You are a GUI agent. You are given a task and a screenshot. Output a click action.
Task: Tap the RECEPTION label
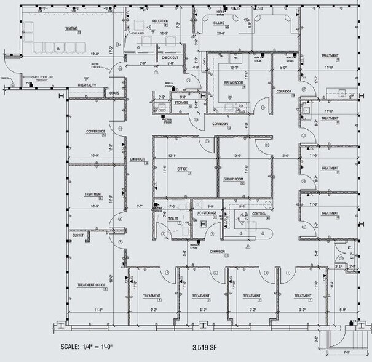(x=160, y=21)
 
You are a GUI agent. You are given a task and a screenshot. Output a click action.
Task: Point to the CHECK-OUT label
(x=170, y=57)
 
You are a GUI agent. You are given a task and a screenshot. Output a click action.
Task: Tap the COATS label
(x=114, y=94)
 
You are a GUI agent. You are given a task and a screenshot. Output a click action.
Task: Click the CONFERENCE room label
(x=95, y=131)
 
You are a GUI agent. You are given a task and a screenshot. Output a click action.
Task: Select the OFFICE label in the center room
(x=182, y=168)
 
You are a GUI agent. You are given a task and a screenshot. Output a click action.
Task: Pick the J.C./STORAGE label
(x=204, y=214)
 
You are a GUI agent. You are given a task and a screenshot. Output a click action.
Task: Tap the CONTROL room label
(x=259, y=214)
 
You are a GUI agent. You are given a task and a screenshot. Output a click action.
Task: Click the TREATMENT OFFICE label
(x=92, y=285)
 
